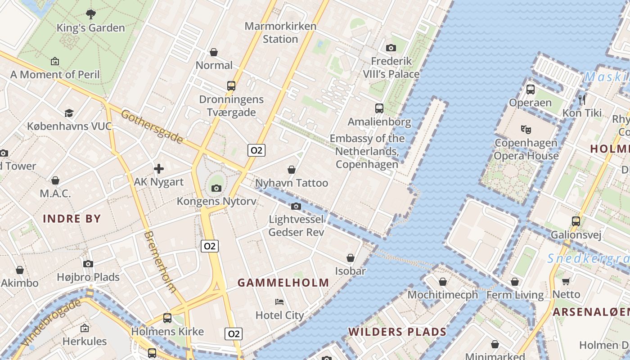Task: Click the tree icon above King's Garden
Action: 91,14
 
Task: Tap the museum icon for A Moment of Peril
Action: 55,61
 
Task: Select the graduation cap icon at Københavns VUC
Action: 69,112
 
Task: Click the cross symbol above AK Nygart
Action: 159,169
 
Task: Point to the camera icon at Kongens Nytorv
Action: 216,188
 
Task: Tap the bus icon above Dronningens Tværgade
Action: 231,85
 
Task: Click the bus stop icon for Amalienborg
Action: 379,108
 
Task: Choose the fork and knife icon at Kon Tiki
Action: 582,99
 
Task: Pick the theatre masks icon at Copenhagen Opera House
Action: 526,130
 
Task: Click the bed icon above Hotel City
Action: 279,301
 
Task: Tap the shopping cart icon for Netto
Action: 566,281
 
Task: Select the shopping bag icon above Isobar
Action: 350,258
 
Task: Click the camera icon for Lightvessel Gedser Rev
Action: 296,206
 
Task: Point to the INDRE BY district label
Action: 72,219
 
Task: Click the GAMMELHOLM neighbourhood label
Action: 283,283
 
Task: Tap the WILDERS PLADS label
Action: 397,332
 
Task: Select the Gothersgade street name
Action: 152,127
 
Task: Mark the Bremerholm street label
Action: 160,262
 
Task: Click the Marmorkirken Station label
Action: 280,32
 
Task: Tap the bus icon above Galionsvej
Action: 576,221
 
